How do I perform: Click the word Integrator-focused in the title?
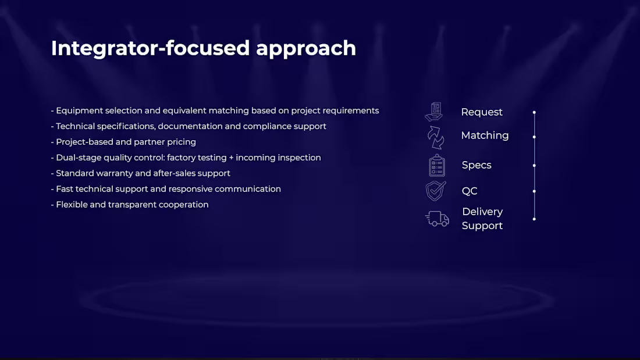[x=150, y=48]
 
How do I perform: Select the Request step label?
[x=482, y=112]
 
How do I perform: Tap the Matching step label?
[x=485, y=136]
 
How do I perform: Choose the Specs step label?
[x=477, y=165]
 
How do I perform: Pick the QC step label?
[x=470, y=191]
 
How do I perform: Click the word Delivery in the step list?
[x=482, y=212]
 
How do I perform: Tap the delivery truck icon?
[x=437, y=219]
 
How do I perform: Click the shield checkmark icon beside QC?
[x=436, y=191]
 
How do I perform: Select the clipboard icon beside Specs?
[x=437, y=165]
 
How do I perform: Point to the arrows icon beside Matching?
[x=436, y=138]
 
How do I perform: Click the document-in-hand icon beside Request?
[x=434, y=112]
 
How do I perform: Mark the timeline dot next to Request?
[x=534, y=112]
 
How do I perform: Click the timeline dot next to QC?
[x=534, y=191]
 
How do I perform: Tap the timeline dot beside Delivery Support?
[x=534, y=219]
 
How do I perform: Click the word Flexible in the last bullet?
[x=72, y=205]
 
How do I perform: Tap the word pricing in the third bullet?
[x=182, y=142]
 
